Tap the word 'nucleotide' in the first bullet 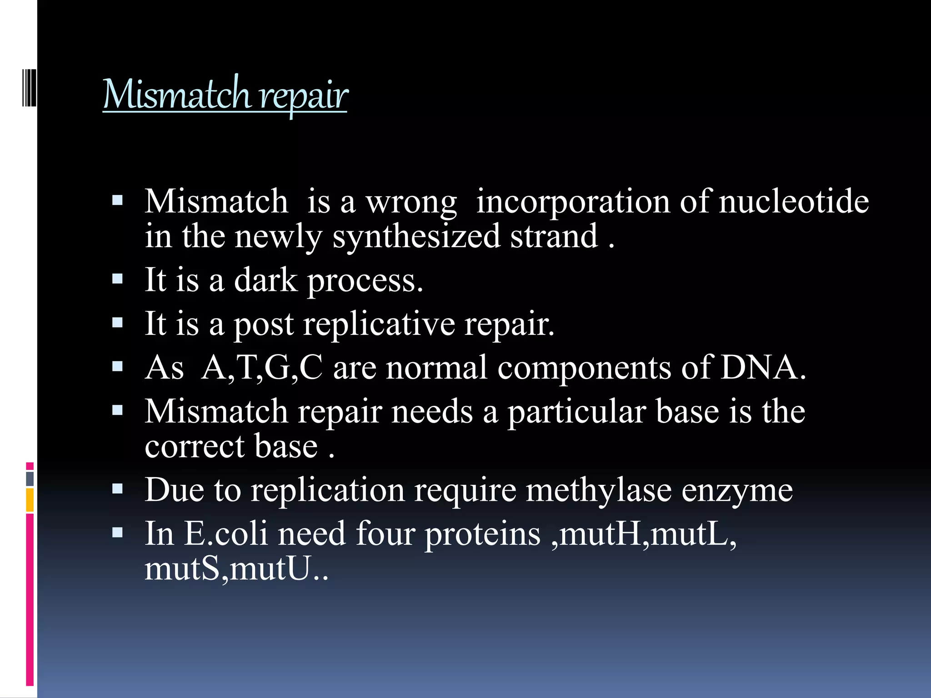pyautogui.click(x=794, y=201)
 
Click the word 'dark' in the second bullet pyautogui.click(x=265, y=280)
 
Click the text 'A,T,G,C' pyautogui.click(x=262, y=368)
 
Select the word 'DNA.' pyautogui.click(x=763, y=368)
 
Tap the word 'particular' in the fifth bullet pyautogui.click(x=576, y=412)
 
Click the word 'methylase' pyautogui.click(x=598, y=490)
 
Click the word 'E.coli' pyautogui.click(x=225, y=533)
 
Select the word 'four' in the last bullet pyautogui.click(x=385, y=533)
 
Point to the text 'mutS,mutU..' pyautogui.click(x=236, y=569)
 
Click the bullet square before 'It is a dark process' pyautogui.click(x=117, y=279)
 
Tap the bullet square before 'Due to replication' pyautogui.click(x=117, y=489)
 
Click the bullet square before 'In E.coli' pyautogui.click(x=117, y=532)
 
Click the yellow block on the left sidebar pyautogui.click(x=30, y=500)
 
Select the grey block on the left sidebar pyautogui.click(x=30, y=479)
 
